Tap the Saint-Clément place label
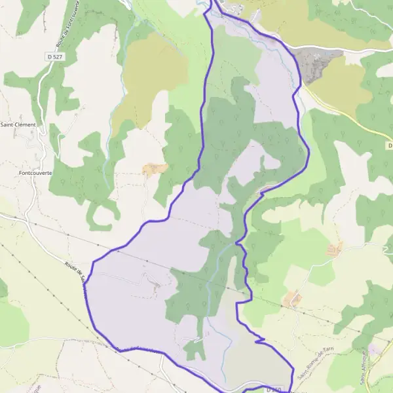(x=18, y=124)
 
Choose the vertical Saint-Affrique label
(x=362, y=366)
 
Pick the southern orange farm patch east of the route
(x=292, y=299)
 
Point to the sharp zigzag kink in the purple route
(x=260, y=340)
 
